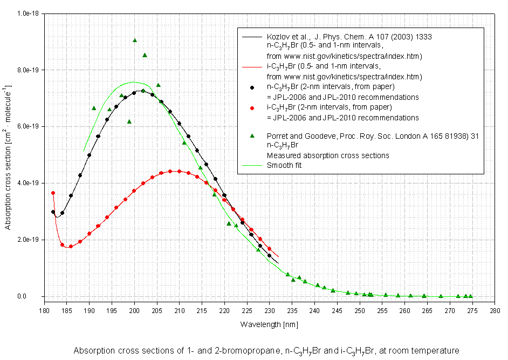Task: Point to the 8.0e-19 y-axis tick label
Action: (x=27, y=70)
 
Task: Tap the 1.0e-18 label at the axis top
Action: (x=27, y=13)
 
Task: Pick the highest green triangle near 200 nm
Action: (x=135, y=40)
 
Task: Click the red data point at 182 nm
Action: (x=53, y=193)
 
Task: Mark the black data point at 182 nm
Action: (x=53, y=212)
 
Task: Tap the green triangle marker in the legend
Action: (x=252, y=135)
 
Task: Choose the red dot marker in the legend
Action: (x=252, y=108)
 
